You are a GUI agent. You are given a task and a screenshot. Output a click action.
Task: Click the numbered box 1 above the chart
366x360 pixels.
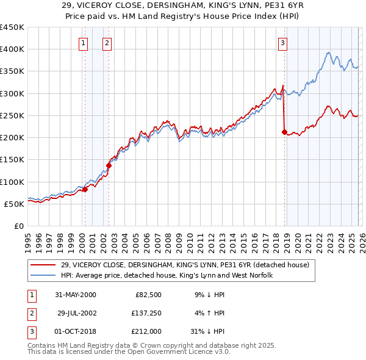pos(83,43)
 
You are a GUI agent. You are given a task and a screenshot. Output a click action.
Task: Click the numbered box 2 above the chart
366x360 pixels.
pos(107,43)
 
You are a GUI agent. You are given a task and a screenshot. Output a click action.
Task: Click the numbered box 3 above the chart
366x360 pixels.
pos(283,43)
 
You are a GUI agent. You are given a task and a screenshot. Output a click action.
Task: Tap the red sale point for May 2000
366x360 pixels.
pos(85,189)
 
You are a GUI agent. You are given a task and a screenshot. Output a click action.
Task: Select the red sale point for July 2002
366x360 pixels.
pos(109,165)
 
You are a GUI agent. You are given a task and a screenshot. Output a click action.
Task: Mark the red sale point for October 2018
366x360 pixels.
pos(284,131)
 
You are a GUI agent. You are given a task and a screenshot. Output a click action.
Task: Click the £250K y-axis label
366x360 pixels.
pos(12,115)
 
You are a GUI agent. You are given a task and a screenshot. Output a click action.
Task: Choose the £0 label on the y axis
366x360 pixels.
pos(18,226)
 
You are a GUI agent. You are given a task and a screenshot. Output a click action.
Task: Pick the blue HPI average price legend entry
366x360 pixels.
pos(167,276)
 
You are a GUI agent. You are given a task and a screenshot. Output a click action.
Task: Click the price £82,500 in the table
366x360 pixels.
pos(148,294)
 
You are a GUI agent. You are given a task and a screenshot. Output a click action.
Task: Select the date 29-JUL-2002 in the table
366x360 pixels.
pos(77,313)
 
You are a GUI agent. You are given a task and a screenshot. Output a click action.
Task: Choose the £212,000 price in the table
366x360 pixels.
pos(146,332)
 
